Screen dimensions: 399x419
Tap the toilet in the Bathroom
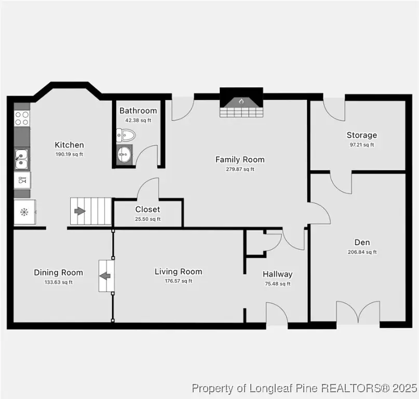coord(126,136)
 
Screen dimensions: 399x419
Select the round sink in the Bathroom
coord(125,153)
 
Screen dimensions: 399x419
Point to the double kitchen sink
coord(21,159)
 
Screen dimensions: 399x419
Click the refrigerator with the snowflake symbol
coord(24,212)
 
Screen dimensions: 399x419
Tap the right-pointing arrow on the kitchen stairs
coord(80,211)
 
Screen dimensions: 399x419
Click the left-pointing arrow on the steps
coord(106,276)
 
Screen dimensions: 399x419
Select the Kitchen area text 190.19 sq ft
coord(69,154)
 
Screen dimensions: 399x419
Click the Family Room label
coord(240,159)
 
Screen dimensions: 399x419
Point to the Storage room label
coord(362,135)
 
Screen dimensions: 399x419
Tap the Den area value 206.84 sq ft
coord(362,252)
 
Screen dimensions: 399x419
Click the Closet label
coord(147,209)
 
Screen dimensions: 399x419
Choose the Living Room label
coord(178,272)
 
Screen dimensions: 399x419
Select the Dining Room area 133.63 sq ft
coord(58,282)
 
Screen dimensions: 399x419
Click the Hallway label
coord(277,274)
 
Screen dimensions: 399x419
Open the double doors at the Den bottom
coord(358,313)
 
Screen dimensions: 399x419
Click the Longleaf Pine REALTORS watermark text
coord(304,388)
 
